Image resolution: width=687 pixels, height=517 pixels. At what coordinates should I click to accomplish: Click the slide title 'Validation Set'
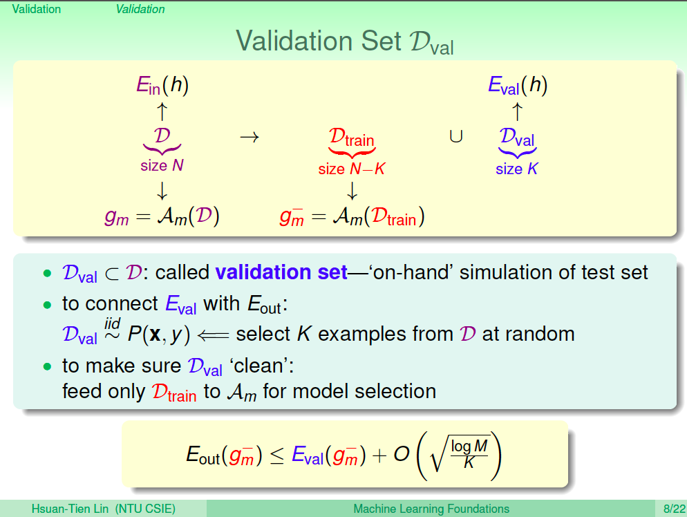tap(319, 41)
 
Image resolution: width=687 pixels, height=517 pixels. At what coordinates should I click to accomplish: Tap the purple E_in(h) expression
tap(162, 85)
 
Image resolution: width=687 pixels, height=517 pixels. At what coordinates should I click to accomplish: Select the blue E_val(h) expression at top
tap(518, 85)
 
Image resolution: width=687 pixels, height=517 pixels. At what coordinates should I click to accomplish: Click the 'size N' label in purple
tap(162, 165)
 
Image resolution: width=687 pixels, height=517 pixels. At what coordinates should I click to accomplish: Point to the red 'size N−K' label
tap(351, 169)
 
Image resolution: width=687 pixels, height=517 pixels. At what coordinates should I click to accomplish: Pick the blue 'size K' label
tap(516, 169)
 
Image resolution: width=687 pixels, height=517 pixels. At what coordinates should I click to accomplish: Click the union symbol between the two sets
tap(456, 137)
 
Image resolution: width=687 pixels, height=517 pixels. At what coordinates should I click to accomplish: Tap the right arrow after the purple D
tap(250, 137)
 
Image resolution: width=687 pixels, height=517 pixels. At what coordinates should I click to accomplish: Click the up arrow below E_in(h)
tap(162, 111)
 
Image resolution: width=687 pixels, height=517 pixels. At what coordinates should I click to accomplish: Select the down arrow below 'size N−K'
tap(352, 191)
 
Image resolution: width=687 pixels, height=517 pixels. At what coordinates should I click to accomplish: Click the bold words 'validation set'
tap(281, 272)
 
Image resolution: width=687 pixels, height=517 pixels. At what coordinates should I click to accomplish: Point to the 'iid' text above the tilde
tap(112, 323)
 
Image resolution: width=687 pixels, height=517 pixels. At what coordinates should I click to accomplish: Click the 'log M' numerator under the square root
tap(469, 446)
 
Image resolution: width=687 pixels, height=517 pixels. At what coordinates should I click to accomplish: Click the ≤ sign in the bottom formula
tap(277, 456)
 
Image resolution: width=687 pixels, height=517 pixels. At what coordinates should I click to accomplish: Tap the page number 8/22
tap(674, 509)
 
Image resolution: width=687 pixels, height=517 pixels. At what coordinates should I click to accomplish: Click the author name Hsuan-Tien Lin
tap(70, 509)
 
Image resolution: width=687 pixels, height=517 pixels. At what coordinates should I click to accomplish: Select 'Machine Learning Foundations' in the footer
tap(431, 509)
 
